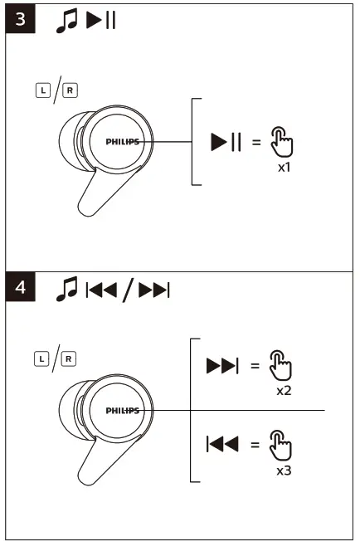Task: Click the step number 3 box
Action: click(x=20, y=20)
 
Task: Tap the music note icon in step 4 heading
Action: click(x=66, y=289)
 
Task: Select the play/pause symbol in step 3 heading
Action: click(x=99, y=20)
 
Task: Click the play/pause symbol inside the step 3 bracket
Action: click(x=226, y=142)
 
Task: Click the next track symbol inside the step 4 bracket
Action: click(x=222, y=366)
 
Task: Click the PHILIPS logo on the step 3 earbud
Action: click(x=122, y=142)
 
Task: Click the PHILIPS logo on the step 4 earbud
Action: click(x=122, y=411)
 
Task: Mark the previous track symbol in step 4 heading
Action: click(x=103, y=290)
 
